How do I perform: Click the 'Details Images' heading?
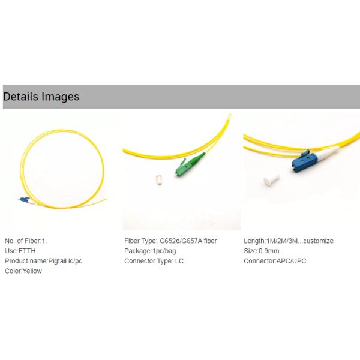pyautogui.click(x=41, y=97)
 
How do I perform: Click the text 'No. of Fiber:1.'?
pyautogui.click(x=26, y=241)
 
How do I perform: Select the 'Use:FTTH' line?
pyautogui.click(x=18, y=251)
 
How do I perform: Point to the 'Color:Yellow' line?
pyautogui.click(x=23, y=271)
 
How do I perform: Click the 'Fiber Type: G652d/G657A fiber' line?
pyautogui.click(x=170, y=241)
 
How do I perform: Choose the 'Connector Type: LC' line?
pyautogui.click(x=153, y=261)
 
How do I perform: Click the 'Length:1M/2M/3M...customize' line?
pyautogui.click(x=288, y=241)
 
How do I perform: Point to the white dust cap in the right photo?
pyautogui.click(x=271, y=182)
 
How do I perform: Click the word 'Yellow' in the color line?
pyautogui.click(x=32, y=271)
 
